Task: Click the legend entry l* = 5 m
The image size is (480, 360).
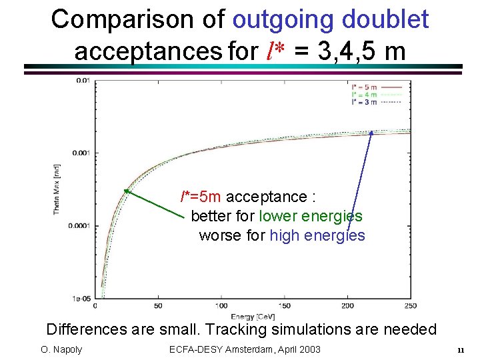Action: click(x=364, y=87)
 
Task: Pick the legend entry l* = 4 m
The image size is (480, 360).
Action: click(x=364, y=95)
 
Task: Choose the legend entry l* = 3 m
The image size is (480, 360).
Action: click(x=364, y=102)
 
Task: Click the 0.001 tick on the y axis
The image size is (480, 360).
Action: click(x=80, y=153)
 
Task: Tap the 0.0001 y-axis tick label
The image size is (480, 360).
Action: click(x=79, y=225)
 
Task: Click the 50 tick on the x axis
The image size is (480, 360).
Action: click(x=157, y=306)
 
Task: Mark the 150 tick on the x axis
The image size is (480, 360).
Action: click(x=284, y=306)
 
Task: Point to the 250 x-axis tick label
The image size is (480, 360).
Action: click(x=411, y=306)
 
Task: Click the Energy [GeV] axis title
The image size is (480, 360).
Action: click(x=253, y=316)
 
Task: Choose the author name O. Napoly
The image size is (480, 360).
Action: click(x=60, y=349)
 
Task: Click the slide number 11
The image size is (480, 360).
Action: click(x=460, y=350)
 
